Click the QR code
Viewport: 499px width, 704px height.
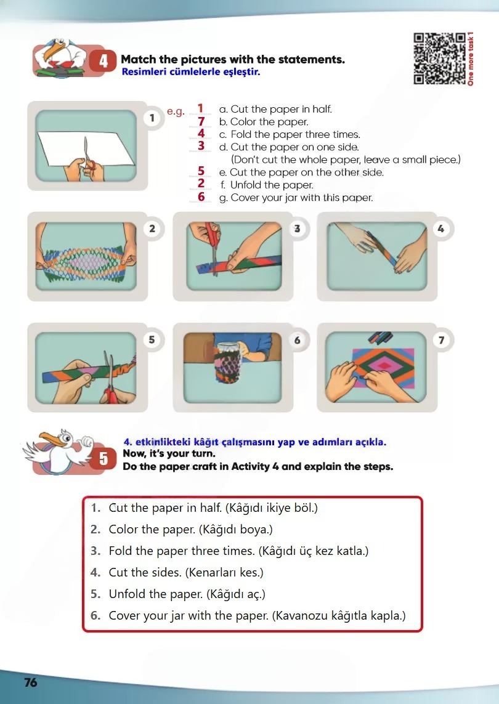pyautogui.click(x=439, y=59)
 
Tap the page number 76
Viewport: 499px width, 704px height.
pyautogui.click(x=31, y=682)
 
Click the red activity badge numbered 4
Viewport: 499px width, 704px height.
pyautogui.click(x=103, y=60)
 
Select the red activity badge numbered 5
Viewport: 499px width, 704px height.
pyautogui.click(x=103, y=458)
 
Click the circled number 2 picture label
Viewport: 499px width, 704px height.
pyautogui.click(x=152, y=229)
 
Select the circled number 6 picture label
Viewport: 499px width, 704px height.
pyautogui.click(x=297, y=341)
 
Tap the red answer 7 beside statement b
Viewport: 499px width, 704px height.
pyautogui.click(x=201, y=122)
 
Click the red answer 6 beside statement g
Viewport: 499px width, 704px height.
pyautogui.click(x=201, y=196)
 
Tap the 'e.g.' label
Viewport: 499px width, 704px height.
pyautogui.click(x=176, y=112)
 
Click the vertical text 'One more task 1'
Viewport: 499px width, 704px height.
pyautogui.click(x=470, y=59)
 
